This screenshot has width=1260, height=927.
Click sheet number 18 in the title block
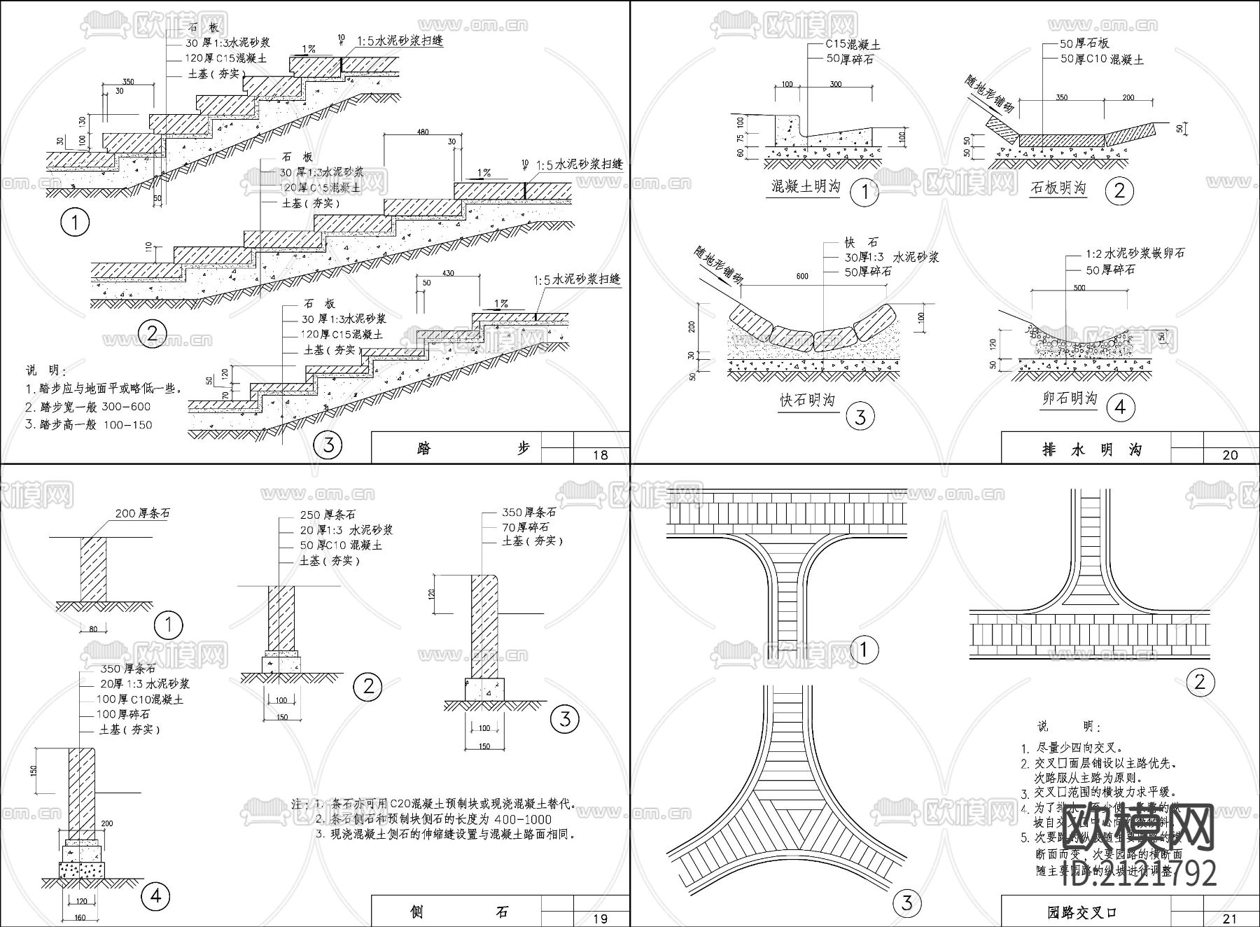click(600, 455)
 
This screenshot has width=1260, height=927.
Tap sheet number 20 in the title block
click(1230, 455)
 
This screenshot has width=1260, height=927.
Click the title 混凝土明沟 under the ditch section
click(805, 187)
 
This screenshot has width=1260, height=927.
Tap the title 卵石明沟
click(1069, 398)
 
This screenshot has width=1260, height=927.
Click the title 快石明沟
click(808, 400)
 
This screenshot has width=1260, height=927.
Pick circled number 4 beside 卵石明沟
click(1120, 407)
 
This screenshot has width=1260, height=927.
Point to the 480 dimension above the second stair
click(422, 132)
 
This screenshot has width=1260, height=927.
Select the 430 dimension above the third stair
click(449, 272)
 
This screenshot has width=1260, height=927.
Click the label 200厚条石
click(142, 513)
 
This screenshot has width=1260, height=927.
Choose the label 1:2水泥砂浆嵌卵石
click(1135, 253)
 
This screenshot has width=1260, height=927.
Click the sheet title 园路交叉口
click(1081, 913)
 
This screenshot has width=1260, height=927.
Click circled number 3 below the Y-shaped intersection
click(906, 903)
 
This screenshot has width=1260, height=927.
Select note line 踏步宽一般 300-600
click(87, 407)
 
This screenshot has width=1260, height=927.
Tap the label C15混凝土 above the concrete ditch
click(853, 44)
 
